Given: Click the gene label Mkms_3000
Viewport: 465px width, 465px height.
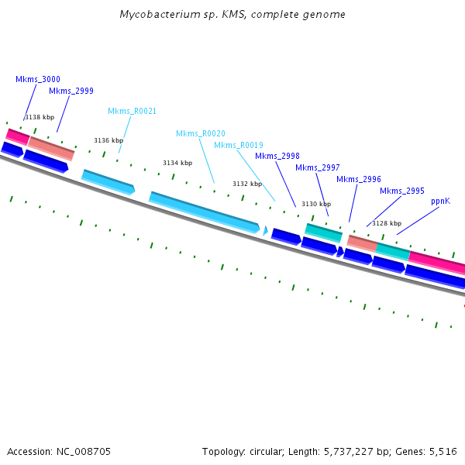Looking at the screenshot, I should coord(38,79).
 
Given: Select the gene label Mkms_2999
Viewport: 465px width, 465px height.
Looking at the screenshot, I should coord(71,91).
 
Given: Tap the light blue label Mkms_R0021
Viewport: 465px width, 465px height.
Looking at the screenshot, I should coord(132,111).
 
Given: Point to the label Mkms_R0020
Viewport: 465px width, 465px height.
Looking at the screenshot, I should coord(201,133).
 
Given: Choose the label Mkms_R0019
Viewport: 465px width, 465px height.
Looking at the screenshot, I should coord(239,145).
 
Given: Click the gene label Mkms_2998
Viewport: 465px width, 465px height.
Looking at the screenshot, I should coord(277,156).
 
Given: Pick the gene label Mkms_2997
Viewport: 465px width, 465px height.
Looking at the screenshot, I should coord(318,167).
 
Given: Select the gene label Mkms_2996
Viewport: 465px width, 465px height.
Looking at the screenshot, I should coord(359,179).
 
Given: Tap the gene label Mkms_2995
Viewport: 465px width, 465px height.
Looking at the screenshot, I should coord(402,191).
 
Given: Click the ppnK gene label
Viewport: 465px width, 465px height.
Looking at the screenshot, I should coord(440,201).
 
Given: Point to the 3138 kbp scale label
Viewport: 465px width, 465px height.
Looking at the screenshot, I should coord(40,117).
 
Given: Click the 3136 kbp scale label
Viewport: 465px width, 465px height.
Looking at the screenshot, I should coord(108,140).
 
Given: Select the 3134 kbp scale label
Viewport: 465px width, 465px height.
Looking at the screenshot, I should coord(177,163).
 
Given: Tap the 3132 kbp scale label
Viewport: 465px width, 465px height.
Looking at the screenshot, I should coord(247,184).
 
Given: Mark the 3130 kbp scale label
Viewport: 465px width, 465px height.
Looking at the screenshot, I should coord(316,204).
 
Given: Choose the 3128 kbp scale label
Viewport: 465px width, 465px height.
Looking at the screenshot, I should coord(387,223).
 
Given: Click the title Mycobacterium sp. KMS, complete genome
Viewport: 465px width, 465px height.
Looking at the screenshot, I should coord(232,15).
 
